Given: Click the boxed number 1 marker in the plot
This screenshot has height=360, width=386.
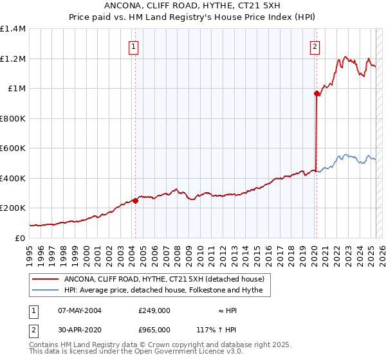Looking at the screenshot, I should tap(133, 46).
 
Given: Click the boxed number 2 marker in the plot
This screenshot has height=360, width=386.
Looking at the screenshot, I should tap(315, 46).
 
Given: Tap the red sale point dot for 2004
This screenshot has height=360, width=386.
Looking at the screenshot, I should tap(136, 201).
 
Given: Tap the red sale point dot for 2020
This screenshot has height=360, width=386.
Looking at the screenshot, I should tap(317, 94).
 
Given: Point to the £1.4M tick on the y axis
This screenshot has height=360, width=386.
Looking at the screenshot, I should tap(13, 29).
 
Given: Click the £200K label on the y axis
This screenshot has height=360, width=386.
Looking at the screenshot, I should tap(13, 208).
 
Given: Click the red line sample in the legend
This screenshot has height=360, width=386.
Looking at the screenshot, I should tap(46, 280).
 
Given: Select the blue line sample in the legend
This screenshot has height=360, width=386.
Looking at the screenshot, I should tap(46, 291).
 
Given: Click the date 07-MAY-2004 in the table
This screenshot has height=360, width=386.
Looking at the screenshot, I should tap(80, 310).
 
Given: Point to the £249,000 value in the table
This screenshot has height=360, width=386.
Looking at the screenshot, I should tap(154, 310).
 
